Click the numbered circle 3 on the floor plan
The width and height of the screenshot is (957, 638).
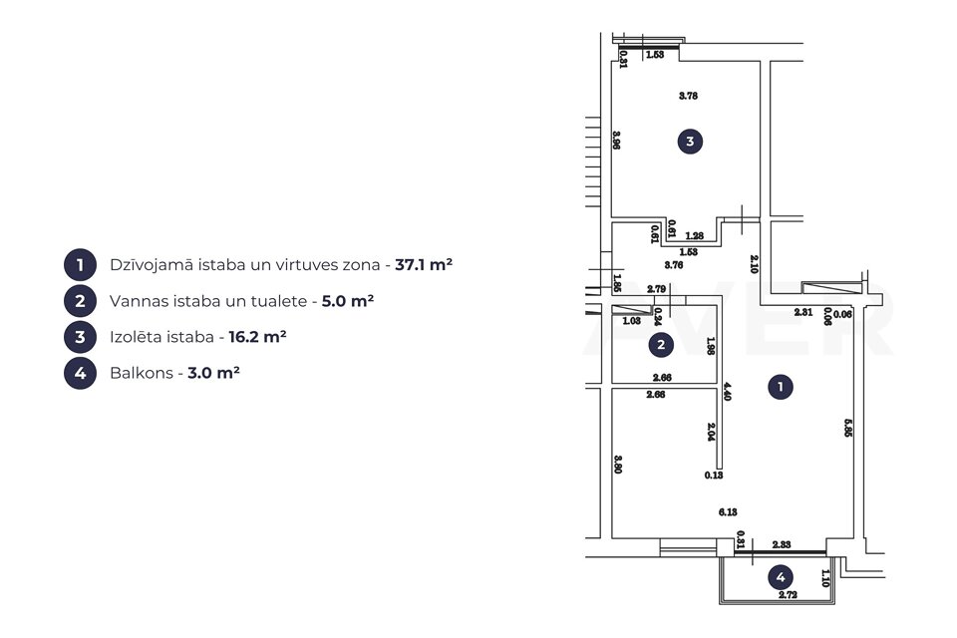pos(690,142)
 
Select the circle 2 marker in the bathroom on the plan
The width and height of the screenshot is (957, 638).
pos(660,345)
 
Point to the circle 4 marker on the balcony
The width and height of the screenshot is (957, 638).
pos(782,576)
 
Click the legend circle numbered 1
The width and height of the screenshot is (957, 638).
pos(80,265)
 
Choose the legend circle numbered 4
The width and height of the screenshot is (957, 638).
pos(80,373)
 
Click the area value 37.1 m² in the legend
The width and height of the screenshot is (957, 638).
pos(425,265)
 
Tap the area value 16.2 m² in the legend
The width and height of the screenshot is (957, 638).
pos(257,337)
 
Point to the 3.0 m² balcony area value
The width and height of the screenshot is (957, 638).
pos(214,373)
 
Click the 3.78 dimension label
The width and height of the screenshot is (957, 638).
pos(688,97)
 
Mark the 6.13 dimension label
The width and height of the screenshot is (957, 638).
pos(727,512)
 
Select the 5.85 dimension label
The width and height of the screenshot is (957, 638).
pos(848,428)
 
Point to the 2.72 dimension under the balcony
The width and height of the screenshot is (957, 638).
pos(788,595)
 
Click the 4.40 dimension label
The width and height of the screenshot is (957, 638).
pos(728,392)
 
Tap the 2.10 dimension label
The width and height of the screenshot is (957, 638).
pos(755,263)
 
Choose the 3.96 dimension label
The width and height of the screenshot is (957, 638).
pos(618,141)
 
